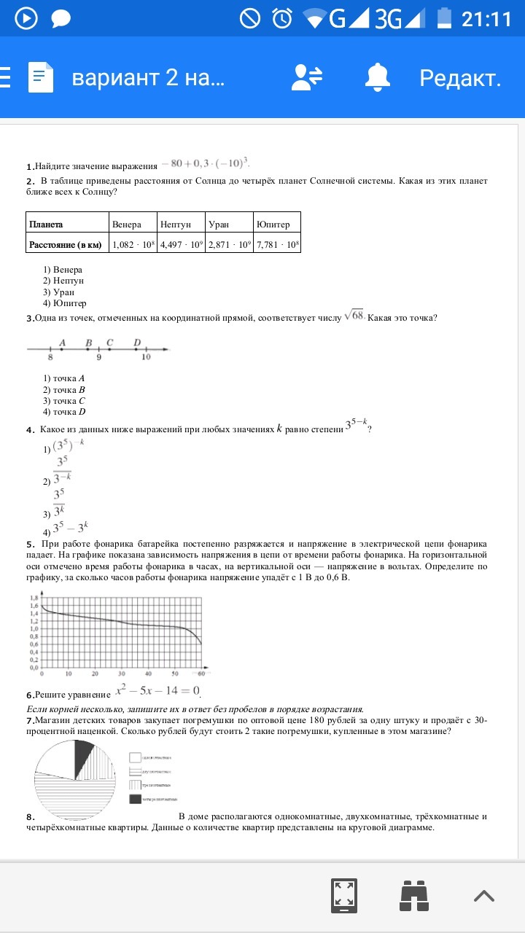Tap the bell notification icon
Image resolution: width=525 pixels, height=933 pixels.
pos(378,77)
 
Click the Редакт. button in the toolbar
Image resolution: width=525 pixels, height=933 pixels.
pos(460,78)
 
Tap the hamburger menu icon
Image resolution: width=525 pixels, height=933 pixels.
pos(5,77)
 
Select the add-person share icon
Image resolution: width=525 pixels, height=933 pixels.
pos(307,77)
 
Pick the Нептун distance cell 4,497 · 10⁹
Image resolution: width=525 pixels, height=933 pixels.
pos(182,245)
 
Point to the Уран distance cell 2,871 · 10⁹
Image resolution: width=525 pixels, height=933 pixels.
pos(229,245)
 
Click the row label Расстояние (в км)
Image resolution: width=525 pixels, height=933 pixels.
pos(64,245)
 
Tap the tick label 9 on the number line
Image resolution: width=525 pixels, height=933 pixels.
pos(98,358)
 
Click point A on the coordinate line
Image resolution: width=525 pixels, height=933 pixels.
pos(62,350)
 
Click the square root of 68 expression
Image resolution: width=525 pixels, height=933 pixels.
pos(354,315)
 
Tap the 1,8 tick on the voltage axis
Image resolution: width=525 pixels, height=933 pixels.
pos(34,598)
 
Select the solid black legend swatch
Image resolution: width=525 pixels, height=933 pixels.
pos(135,800)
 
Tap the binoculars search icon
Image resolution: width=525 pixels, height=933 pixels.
pos(413,894)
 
